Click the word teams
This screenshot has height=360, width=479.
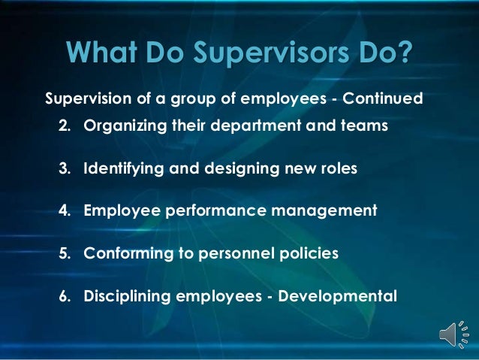click(364, 126)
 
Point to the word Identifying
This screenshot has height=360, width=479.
click(125, 168)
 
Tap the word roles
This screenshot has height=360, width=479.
click(337, 168)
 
